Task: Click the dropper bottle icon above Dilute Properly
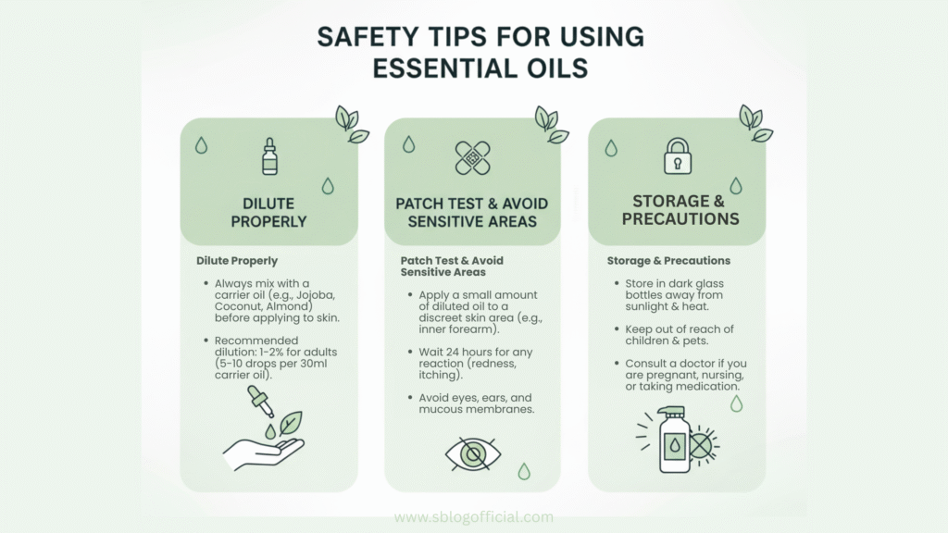[269, 156]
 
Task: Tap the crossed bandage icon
[472, 157]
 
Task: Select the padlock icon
[678, 155]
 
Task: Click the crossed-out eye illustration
[472, 453]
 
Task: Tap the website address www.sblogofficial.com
[473, 518]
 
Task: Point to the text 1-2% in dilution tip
[299, 352]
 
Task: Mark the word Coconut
[240, 307]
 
